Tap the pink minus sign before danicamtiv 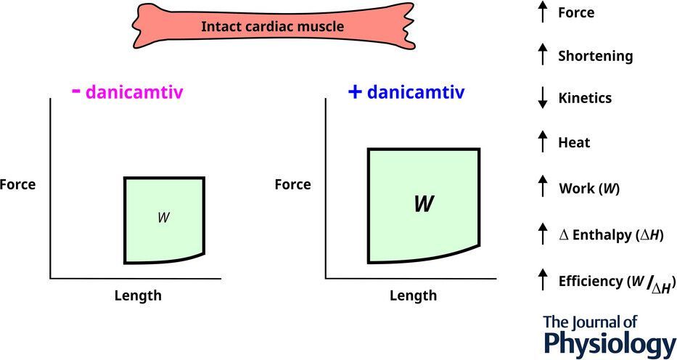[75, 91]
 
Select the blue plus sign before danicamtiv [355, 92]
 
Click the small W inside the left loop [163, 217]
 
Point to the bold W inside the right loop [424, 204]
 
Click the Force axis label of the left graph [17, 184]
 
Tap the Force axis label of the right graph [292, 184]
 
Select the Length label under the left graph [138, 295]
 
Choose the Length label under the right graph [413, 295]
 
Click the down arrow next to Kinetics [542, 99]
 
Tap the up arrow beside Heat [542, 142]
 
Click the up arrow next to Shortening [542, 55]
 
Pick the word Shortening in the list [595, 56]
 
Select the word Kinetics [585, 99]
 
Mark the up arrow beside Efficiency [542, 279]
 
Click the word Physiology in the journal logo [610, 343]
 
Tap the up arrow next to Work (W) [542, 187]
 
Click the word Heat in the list [574, 143]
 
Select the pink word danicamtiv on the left [134, 93]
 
